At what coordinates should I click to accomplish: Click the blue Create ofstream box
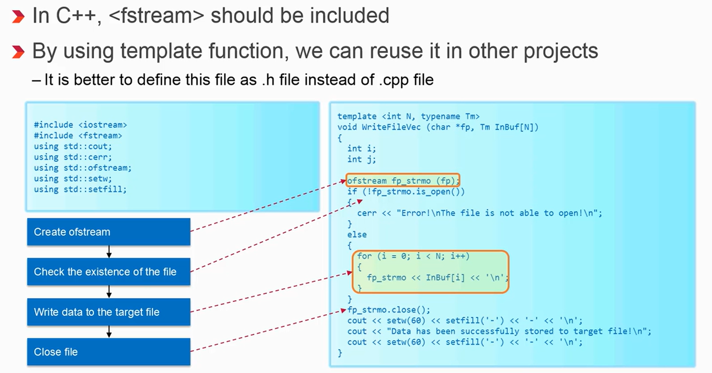point(109,232)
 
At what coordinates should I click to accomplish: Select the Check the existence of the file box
point(109,272)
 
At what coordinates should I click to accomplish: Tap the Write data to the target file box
point(109,312)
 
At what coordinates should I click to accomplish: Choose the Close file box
point(109,352)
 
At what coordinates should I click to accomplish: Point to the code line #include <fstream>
point(78,136)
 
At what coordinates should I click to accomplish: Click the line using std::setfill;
point(80,189)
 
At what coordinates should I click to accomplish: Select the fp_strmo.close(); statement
point(389,310)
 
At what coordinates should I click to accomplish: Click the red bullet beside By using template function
point(18,52)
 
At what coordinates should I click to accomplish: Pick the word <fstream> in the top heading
point(156,16)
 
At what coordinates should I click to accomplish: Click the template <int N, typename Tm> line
point(409,116)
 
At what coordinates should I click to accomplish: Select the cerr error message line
point(480,213)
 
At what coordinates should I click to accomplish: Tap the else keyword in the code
point(357,235)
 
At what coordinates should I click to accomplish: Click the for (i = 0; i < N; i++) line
point(413,256)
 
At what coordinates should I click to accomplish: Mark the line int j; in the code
point(362,159)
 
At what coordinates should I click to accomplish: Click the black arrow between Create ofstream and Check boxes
point(109,252)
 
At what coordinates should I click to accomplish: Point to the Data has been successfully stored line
point(499,331)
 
